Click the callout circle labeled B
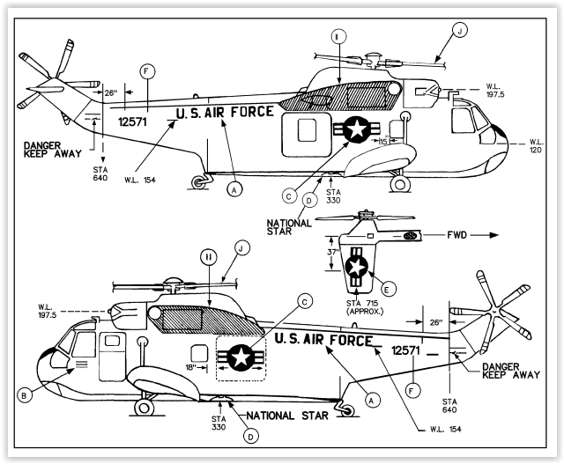(x=26, y=394)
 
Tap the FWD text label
(x=449, y=236)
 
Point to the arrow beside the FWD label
(x=480, y=236)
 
